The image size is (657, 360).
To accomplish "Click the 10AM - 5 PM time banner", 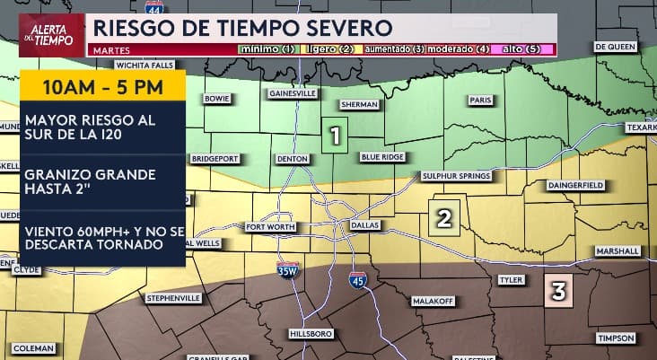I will click(x=101, y=89).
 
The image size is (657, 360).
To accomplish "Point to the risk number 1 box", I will click(x=335, y=136).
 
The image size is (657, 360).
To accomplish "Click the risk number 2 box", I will click(x=443, y=216).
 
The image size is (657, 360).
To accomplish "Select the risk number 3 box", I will click(x=558, y=292).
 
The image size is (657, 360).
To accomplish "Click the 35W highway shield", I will click(x=287, y=269).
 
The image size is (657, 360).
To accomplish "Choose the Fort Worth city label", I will click(x=271, y=227).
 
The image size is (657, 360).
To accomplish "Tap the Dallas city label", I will click(x=365, y=224).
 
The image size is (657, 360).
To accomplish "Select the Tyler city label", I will click(x=511, y=280).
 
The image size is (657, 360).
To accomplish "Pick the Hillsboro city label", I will click(x=311, y=333).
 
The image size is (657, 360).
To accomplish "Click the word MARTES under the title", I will click(x=108, y=50).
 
